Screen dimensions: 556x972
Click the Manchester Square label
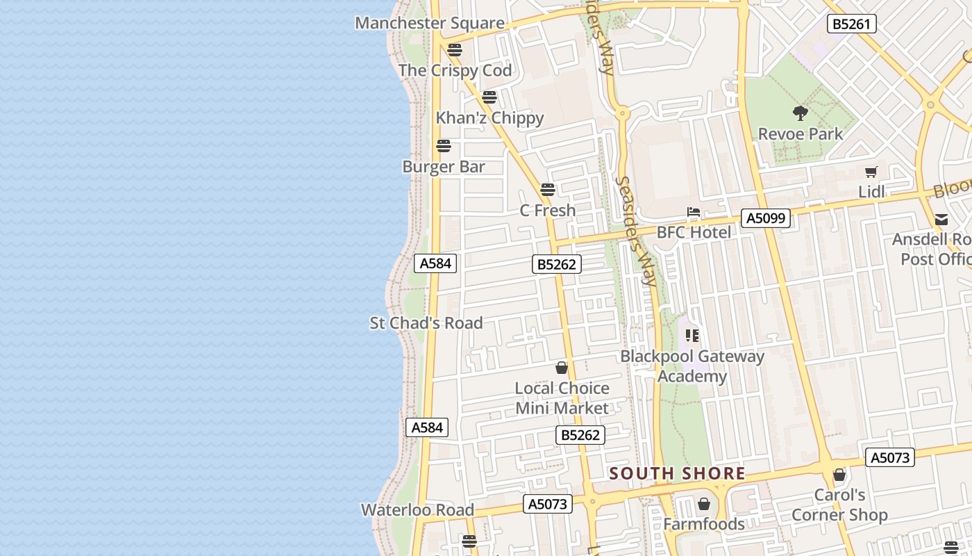tap(429, 23)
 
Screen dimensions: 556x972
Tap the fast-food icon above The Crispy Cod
tap(455, 50)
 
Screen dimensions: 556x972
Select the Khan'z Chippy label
tap(489, 118)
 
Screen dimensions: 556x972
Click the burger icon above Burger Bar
tap(444, 146)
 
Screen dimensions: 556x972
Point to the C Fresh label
tap(548, 210)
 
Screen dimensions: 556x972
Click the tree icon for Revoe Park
tap(801, 113)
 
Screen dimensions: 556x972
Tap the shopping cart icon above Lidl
tap(871, 172)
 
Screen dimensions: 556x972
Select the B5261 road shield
tap(851, 24)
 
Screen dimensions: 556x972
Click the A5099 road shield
tap(766, 218)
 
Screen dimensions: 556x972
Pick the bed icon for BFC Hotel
tap(693, 212)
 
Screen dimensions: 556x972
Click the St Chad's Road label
tap(426, 323)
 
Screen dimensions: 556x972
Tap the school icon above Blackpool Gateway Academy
tap(692, 336)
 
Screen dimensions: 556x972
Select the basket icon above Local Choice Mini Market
tap(562, 368)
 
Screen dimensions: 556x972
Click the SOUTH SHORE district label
tap(677, 474)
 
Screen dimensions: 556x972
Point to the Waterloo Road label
tap(417, 510)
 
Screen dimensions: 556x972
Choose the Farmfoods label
tap(703, 524)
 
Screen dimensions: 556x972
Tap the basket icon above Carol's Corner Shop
tap(839, 475)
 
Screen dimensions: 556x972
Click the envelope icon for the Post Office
tap(941, 220)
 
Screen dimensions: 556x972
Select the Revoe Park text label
tap(801, 134)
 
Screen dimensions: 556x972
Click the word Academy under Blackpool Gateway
tap(692, 377)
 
